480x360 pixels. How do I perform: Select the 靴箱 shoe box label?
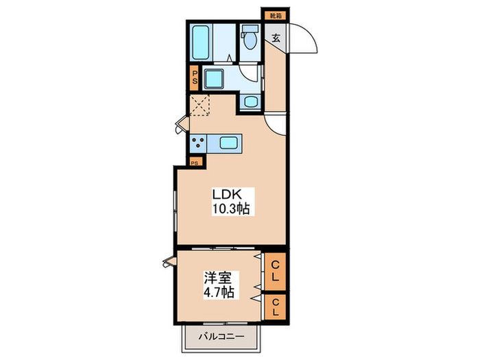(x=274, y=14)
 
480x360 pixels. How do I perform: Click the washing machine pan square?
(x=217, y=80)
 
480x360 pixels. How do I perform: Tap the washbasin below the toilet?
(x=250, y=102)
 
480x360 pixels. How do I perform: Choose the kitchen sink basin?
(x=228, y=143)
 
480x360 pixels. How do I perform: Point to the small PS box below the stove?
(x=195, y=163)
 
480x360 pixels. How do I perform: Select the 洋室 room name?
(x=220, y=279)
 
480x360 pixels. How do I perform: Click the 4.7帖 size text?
(x=220, y=293)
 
